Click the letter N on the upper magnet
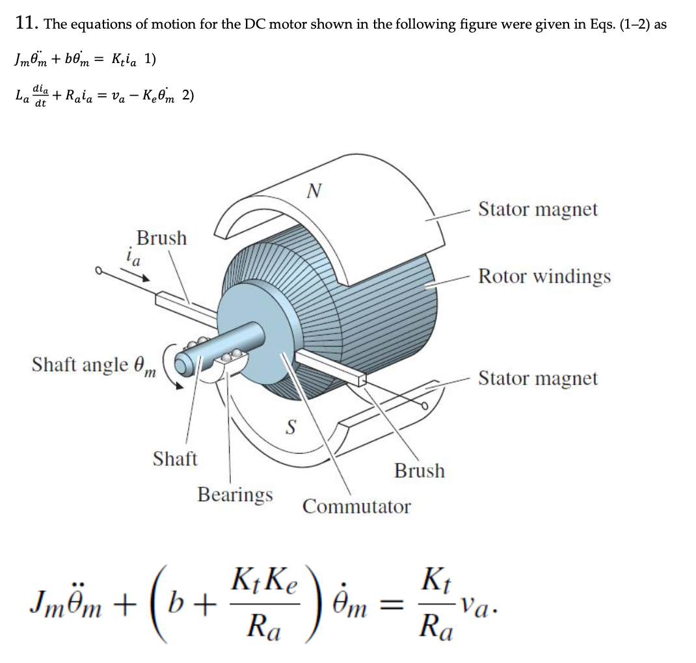click(314, 190)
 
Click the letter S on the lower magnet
click(291, 427)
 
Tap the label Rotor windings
click(544, 276)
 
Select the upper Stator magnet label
click(538, 209)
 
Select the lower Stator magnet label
click(538, 378)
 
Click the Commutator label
click(356, 506)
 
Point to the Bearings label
click(235, 495)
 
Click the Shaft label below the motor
click(174, 459)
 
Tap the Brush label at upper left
click(161, 238)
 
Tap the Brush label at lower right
click(420, 471)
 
